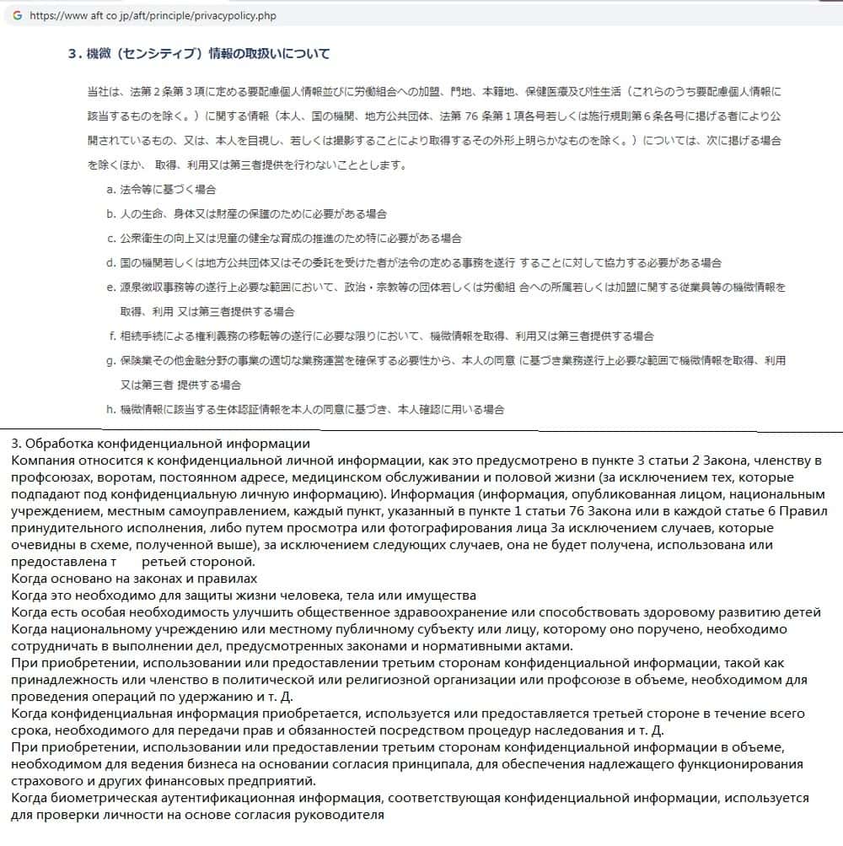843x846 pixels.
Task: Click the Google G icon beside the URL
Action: click(17, 15)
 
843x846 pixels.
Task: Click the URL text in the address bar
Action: click(153, 16)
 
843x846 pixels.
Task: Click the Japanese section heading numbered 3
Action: click(199, 54)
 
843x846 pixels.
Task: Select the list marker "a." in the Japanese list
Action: click(111, 190)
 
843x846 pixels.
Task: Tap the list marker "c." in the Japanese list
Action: click(111, 239)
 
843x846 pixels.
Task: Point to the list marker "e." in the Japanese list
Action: click(111, 288)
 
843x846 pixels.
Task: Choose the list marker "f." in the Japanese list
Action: click(112, 337)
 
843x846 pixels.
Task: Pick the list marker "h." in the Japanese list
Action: click(111, 410)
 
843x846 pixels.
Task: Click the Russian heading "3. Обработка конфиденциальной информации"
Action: click(161, 444)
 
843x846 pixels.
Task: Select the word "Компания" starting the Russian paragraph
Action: click(41, 461)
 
